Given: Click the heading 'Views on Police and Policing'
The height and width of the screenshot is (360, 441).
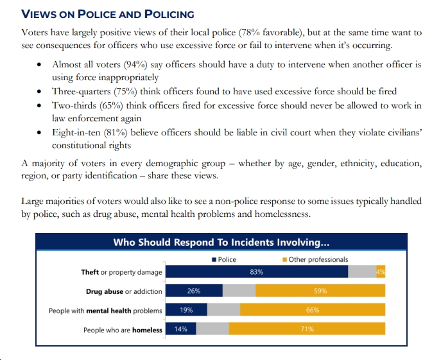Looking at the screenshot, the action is click(x=108, y=14).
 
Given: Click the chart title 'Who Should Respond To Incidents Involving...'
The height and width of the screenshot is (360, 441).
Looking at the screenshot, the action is click(x=221, y=242).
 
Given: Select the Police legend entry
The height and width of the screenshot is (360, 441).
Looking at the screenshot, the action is click(x=224, y=259).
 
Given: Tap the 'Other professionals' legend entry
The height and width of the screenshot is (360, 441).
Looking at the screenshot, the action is click(x=315, y=259).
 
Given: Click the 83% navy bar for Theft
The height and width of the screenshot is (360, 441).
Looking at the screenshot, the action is click(x=257, y=272).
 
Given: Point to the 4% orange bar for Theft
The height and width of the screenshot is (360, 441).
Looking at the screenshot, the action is click(x=381, y=272).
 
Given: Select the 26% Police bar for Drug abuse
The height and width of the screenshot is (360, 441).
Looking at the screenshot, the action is click(x=194, y=291).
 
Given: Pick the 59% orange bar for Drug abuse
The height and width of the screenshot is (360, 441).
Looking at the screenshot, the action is click(x=320, y=291).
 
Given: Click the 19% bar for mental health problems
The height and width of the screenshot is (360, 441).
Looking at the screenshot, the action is click(x=186, y=310).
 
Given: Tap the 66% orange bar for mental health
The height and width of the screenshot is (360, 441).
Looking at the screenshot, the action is click(x=313, y=310).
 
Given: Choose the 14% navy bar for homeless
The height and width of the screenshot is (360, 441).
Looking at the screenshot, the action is click(x=181, y=329).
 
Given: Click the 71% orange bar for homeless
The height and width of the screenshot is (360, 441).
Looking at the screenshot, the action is click(x=307, y=329).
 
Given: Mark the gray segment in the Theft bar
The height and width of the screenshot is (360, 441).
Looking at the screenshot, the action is click(x=362, y=272).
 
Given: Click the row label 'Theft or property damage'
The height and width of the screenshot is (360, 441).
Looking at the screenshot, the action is click(x=121, y=272).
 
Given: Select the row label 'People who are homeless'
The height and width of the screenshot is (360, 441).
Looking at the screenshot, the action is click(x=123, y=330).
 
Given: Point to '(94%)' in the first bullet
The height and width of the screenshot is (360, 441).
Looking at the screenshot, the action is click(x=135, y=65).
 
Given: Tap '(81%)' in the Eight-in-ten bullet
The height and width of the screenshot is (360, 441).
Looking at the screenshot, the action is click(x=116, y=132).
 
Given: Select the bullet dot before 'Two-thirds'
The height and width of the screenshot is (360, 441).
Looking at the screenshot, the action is click(x=39, y=106).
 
